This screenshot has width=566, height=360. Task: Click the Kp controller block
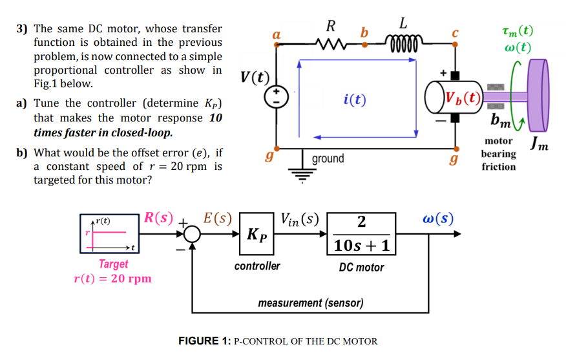click(257, 233)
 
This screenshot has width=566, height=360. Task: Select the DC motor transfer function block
click(361, 234)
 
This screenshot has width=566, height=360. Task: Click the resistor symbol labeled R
click(331, 45)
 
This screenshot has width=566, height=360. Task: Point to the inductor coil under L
click(403, 45)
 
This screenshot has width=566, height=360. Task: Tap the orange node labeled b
click(364, 45)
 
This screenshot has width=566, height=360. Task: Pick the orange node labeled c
click(456, 45)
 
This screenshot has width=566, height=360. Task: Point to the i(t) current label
click(355, 100)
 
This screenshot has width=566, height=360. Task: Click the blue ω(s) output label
click(438, 219)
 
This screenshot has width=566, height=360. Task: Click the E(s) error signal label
click(217, 218)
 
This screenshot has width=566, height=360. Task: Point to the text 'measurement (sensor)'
click(310, 302)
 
